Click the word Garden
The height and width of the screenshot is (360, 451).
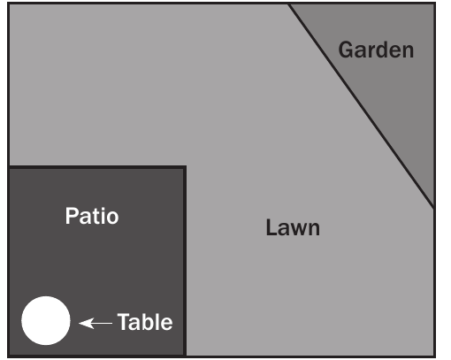pyautogui.click(x=376, y=50)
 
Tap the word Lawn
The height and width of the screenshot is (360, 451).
pyautogui.click(x=293, y=227)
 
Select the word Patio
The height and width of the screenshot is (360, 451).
pyautogui.click(x=92, y=216)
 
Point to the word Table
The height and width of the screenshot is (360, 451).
pyautogui.click(x=145, y=322)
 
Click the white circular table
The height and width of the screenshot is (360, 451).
pyautogui.click(x=46, y=320)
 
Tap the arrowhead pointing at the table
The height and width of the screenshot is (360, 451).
pyautogui.click(x=86, y=323)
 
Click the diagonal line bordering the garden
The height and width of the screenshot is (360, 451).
pyautogui.click(x=362, y=106)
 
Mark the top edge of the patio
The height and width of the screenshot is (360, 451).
pyautogui.click(x=97, y=167)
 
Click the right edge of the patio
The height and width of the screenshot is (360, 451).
pyautogui.click(x=185, y=261)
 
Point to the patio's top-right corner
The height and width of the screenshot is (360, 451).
pyautogui.click(x=185, y=167)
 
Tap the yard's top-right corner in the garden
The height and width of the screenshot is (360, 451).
pyautogui.click(x=434, y=4)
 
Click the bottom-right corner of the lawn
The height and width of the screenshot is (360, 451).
pyautogui.click(x=434, y=356)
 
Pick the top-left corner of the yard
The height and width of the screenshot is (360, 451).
pyautogui.click(x=9, y=4)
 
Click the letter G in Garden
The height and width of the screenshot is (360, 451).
pyautogui.click(x=346, y=50)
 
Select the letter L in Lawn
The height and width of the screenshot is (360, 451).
pyautogui.click(x=271, y=226)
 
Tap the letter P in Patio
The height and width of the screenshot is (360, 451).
pyautogui.click(x=72, y=216)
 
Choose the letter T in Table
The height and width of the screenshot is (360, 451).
pyautogui.click(x=124, y=322)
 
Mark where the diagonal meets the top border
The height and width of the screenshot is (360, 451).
pyautogui.click(x=288, y=4)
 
